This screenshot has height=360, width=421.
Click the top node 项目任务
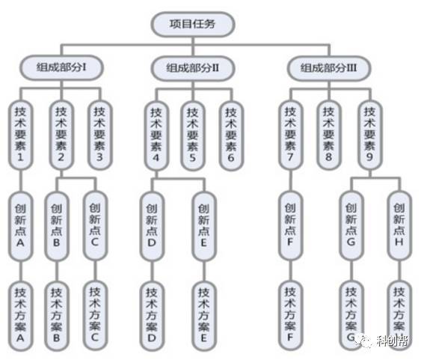click(192, 24)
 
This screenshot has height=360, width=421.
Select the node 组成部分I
click(61, 67)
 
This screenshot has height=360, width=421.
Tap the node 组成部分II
click(192, 68)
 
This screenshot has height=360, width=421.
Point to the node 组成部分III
click(329, 68)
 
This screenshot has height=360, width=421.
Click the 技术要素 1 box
click(21, 135)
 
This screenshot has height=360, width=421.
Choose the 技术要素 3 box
click(99, 135)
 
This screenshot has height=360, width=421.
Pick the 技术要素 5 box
click(192, 135)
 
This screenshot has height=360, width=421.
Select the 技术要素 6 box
click(231, 135)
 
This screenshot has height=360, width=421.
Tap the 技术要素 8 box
click(328, 135)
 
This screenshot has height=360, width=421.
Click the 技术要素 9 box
click(369, 135)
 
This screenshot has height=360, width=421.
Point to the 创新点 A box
click(21, 226)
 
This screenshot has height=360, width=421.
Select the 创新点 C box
click(95, 225)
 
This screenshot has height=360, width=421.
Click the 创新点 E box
click(204, 226)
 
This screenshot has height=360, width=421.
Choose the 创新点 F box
click(290, 225)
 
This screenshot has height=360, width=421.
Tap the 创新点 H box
click(399, 225)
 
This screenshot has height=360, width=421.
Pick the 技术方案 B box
click(57, 316)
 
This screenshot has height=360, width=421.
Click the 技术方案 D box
click(152, 316)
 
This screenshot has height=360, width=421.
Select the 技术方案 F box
click(290, 315)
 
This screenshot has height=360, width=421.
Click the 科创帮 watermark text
click(393, 340)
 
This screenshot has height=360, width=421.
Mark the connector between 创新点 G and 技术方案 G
click(351, 270)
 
